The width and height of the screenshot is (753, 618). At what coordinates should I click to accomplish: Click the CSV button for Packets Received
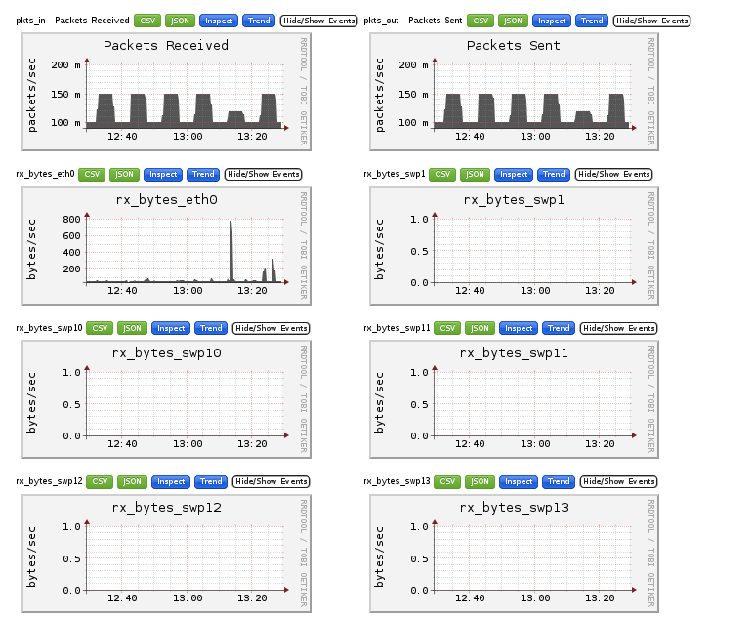point(148,21)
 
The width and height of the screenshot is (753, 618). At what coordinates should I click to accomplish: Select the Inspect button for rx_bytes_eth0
point(163,174)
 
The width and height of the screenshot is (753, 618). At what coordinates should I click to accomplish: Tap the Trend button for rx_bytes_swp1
point(554,174)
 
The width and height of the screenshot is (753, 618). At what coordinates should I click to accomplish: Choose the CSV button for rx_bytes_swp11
point(447,328)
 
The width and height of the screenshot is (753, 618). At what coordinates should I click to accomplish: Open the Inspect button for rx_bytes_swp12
point(170,481)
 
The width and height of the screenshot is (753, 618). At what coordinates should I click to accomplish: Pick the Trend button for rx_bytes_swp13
point(559,481)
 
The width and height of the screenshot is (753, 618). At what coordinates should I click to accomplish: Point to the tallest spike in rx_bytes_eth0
point(231,224)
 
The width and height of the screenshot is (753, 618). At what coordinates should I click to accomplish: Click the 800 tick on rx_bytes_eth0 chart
point(69,220)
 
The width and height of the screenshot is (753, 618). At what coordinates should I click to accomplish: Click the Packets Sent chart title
point(513,45)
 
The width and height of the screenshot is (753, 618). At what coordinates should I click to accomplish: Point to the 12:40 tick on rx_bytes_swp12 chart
point(122,597)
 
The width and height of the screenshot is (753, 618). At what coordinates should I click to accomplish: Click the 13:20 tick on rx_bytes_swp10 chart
point(252,443)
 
